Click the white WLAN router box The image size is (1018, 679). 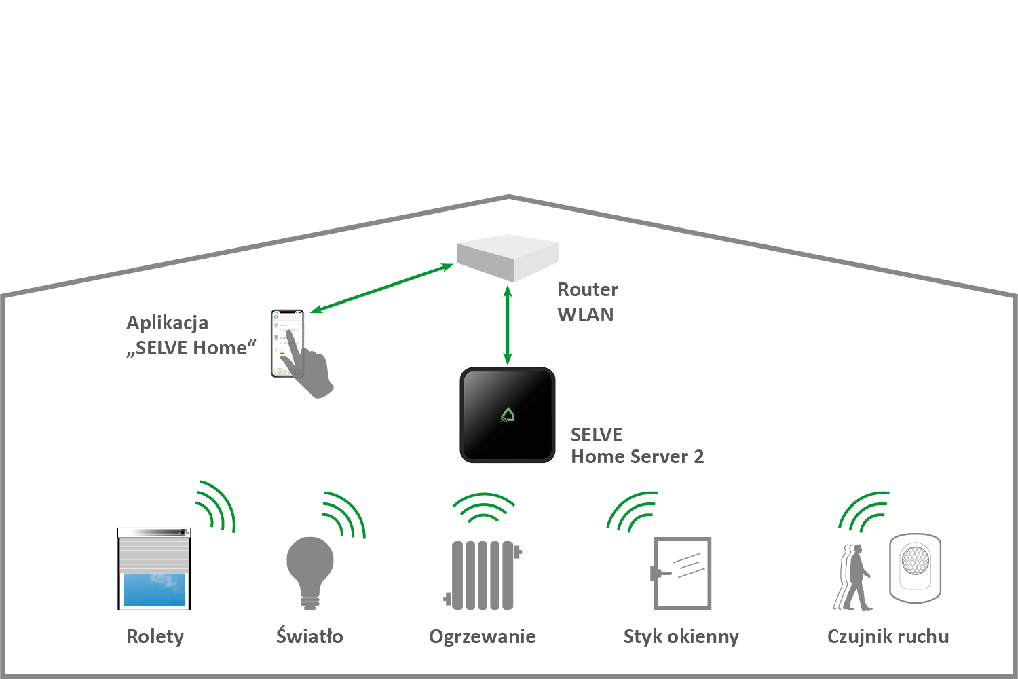(508, 257)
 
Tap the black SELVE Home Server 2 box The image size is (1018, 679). (508, 415)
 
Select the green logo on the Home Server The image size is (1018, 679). (508, 415)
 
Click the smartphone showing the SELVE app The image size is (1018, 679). (286, 343)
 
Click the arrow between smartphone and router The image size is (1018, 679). (382, 288)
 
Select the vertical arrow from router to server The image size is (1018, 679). (508, 325)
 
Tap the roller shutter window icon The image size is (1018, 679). (154, 569)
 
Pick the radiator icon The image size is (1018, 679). (483, 574)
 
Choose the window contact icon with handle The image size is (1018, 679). (681, 573)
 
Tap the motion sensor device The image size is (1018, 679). (915, 568)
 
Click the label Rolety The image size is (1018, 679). (155, 637)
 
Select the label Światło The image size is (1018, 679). (309, 636)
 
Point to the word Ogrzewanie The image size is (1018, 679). (482, 637)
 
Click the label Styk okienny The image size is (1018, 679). (681, 637)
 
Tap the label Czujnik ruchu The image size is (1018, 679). (888, 637)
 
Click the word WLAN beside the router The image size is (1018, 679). (585, 315)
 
